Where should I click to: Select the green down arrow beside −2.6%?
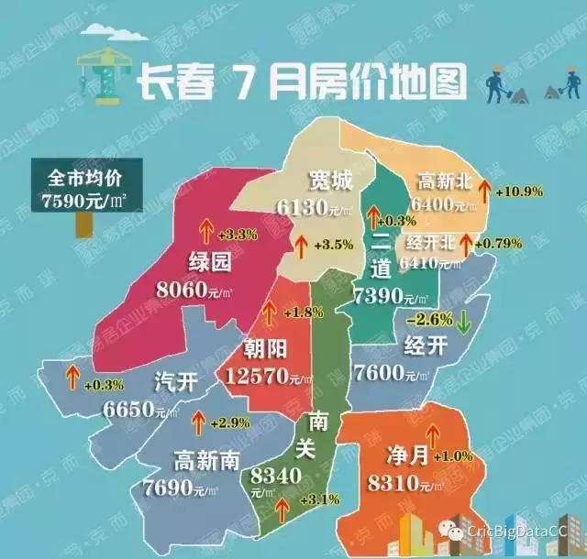click(464, 322)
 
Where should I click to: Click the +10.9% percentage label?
click(519, 192)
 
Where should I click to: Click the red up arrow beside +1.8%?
click(269, 312)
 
